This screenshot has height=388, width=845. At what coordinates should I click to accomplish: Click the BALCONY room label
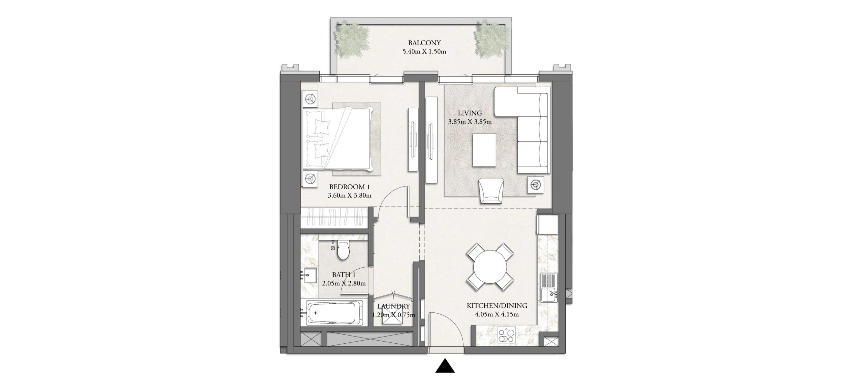pos(424,43)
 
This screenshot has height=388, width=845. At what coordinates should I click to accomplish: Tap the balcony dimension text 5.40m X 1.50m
pos(424,52)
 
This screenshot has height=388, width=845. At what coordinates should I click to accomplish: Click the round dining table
pos(490,267)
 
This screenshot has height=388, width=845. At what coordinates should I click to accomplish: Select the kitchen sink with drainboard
pos(549,288)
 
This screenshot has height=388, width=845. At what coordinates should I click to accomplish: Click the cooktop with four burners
pos(507,335)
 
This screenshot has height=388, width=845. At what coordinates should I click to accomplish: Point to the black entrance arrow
pos(445,366)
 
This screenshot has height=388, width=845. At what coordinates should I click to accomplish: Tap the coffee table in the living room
pos(484,150)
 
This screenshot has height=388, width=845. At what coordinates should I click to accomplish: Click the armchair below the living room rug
pos(491,191)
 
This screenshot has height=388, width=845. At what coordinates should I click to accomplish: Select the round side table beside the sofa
pos(535,185)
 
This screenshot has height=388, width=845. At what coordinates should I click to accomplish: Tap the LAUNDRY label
pos(393,307)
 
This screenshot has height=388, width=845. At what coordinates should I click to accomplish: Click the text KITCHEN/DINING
pos(497,306)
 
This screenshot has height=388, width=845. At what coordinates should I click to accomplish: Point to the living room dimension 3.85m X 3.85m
pos(470,122)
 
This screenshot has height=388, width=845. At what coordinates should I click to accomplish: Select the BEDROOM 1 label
pos(349,187)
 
